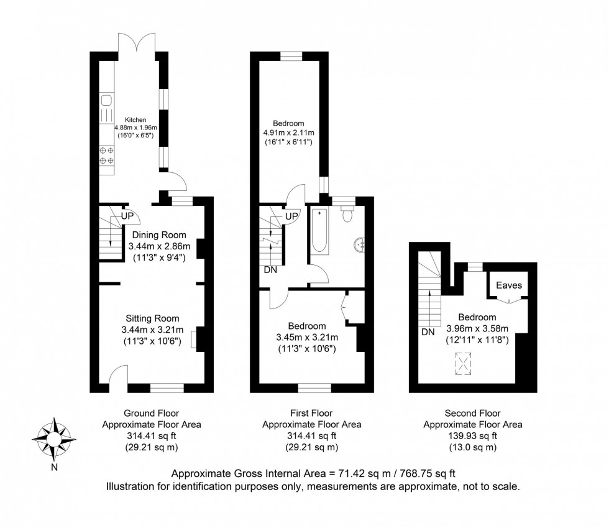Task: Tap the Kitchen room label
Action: (x=135, y=119)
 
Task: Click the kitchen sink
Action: (x=106, y=100)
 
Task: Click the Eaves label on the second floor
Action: (x=509, y=285)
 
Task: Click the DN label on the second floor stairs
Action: (x=428, y=332)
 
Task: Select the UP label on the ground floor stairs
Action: (x=128, y=216)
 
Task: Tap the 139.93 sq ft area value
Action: (x=472, y=436)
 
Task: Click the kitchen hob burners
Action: (x=106, y=155)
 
